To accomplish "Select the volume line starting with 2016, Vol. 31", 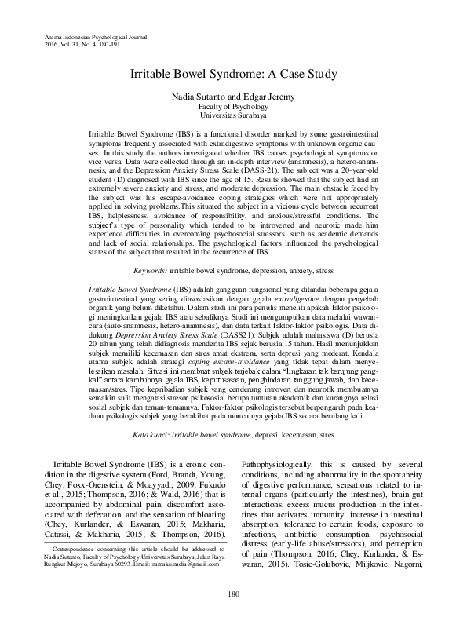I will pyautogui.click(x=74, y=44).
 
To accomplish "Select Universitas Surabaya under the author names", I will pyautogui.click(x=232, y=115).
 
